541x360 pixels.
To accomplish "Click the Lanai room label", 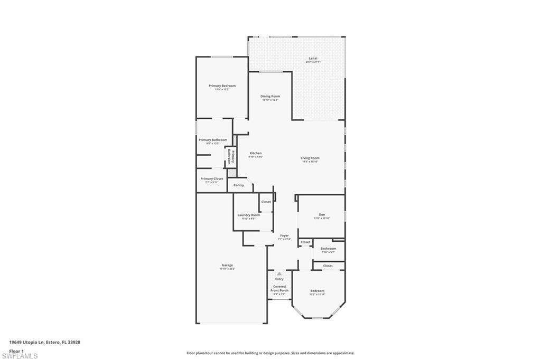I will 313,58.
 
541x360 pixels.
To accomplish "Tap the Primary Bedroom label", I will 222,86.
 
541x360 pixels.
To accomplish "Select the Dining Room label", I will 270,96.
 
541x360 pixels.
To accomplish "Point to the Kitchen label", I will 256,153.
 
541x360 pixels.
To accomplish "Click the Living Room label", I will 310,158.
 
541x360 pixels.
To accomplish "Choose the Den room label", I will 322,214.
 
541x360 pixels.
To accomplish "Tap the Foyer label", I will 284,235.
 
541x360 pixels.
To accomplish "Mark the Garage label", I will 227,265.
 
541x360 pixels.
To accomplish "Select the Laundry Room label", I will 248,215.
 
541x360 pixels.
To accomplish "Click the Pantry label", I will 239,185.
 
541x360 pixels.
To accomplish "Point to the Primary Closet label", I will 211,178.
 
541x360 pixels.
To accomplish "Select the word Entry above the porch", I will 279,279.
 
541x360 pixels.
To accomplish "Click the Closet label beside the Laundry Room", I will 266,202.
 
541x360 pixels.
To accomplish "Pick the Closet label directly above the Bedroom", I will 328,266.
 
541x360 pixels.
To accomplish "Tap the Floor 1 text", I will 17,350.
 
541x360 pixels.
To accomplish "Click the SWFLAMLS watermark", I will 20,356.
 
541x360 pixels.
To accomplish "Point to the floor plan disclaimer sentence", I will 270,353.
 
